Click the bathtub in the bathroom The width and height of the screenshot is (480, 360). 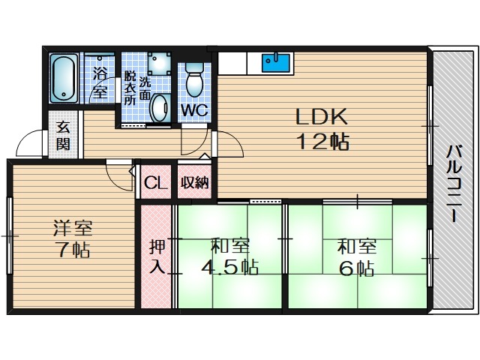64,78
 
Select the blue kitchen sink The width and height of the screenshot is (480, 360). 275,62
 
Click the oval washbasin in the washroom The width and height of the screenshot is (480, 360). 160,107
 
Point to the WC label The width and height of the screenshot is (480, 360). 195,110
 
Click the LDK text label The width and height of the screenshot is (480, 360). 322,117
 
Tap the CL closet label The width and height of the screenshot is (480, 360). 156,183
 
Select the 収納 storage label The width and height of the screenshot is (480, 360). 195,183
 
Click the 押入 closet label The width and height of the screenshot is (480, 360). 157,256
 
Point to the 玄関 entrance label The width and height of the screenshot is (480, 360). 63,136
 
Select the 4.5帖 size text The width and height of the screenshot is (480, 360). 229,267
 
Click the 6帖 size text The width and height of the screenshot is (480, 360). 357,268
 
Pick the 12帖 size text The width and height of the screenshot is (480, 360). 323,142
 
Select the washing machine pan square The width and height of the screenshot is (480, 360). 159,63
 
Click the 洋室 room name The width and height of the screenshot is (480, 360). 73,228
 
